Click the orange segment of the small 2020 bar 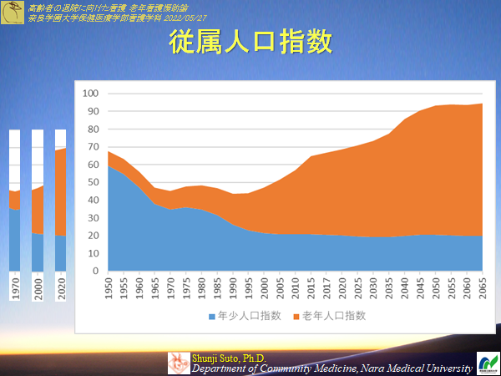(61, 191)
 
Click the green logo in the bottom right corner (487, 363)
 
